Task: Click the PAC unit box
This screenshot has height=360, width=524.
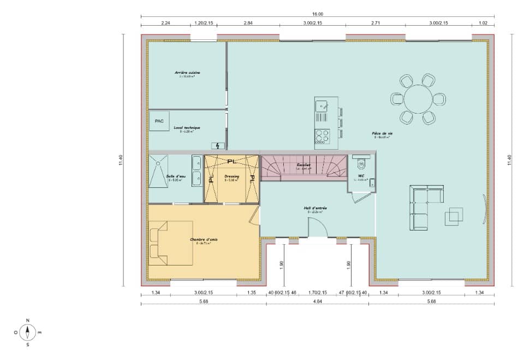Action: point(159,121)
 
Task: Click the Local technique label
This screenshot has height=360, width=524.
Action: point(187,128)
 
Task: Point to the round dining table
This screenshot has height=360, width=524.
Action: point(418,99)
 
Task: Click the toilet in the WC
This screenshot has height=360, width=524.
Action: point(360,163)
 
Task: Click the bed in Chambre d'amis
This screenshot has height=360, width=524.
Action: point(170,243)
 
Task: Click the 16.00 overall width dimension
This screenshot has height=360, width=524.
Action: point(318,14)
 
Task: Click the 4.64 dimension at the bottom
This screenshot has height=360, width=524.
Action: point(318,302)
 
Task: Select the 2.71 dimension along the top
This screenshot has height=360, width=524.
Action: point(376,23)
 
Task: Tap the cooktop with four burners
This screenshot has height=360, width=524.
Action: point(322,135)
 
